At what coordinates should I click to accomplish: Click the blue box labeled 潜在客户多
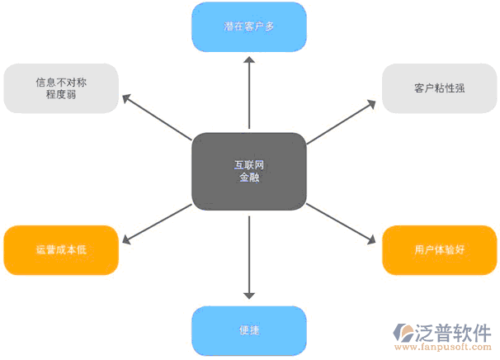pos(248,26)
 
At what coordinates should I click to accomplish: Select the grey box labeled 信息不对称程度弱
pos(61,88)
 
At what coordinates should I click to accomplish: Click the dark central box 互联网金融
pos(248,170)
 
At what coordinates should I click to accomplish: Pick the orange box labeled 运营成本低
pos(60,249)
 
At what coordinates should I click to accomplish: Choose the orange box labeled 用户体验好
pos(439,249)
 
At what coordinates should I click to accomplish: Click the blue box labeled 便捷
pos(248,331)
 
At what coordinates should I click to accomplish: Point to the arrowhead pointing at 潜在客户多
pos(248,59)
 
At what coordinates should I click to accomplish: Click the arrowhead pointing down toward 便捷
pos(248,295)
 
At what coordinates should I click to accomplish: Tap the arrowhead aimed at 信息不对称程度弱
pos(129,98)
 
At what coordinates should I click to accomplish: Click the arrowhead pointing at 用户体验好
pos(369,240)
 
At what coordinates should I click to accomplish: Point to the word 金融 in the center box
pos(248,178)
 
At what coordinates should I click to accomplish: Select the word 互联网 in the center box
pos(248,163)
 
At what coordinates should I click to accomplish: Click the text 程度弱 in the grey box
pos(61,96)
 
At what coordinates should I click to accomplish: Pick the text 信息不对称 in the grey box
pos(61,82)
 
